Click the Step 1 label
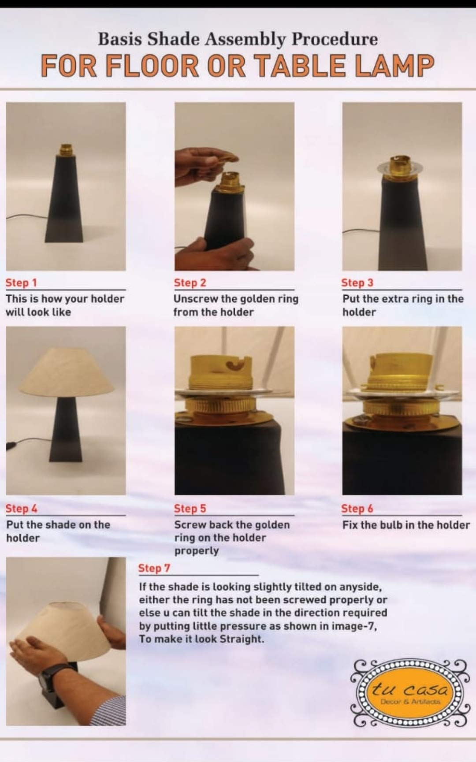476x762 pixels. click(x=21, y=283)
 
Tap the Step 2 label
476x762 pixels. click(x=190, y=283)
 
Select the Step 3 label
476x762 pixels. click(x=357, y=283)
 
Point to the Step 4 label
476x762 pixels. click(x=21, y=509)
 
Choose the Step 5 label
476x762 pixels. click(x=190, y=509)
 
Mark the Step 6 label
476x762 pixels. click(x=357, y=509)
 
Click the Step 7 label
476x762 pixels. click(x=154, y=569)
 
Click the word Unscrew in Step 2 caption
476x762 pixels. click(x=196, y=299)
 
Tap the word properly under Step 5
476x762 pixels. click(x=197, y=551)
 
